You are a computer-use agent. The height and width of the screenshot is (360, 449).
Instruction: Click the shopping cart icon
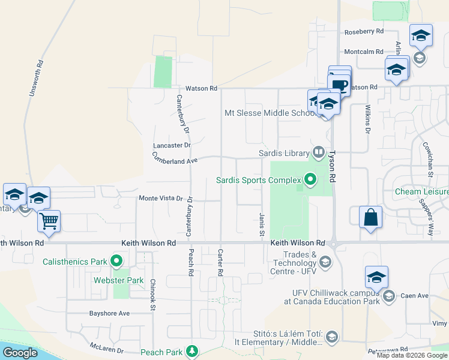[x=49, y=221]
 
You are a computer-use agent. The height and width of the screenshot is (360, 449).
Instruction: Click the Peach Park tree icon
[x=191, y=351]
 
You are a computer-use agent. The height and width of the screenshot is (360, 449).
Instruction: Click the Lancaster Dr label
[x=172, y=145]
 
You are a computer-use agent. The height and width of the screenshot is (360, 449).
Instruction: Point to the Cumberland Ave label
[x=175, y=159]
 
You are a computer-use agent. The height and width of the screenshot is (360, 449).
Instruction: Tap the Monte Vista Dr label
[x=160, y=198]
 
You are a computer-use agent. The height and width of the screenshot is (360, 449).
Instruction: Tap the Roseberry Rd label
[x=363, y=32]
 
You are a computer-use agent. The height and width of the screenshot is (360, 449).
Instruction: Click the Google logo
[x=20, y=353]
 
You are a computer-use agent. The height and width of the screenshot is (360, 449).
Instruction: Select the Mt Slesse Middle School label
[x=268, y=113]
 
